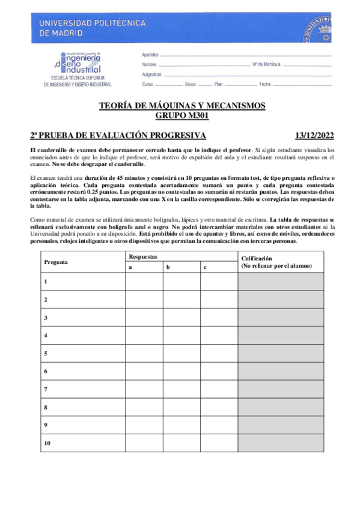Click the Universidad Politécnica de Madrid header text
point(92,28)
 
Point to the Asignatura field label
point(152,75)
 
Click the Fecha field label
point(265,85)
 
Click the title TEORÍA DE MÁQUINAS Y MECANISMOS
point(182,106)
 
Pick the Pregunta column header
point(56,262)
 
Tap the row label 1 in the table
point(46,281)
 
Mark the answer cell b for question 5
point(180,353)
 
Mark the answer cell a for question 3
point(144,317)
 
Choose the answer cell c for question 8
point(218,407)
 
